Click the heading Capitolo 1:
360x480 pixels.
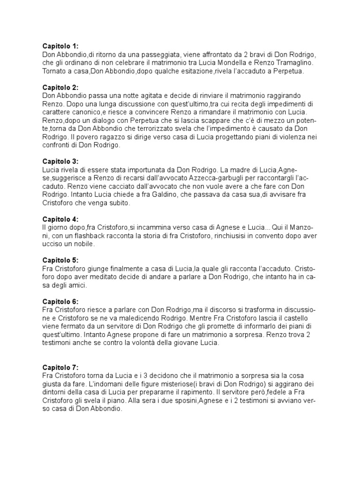60,46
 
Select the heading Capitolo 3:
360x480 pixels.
60,161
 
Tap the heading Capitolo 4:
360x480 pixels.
60,219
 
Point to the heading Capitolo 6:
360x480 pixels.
60,301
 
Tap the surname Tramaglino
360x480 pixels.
305,63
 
